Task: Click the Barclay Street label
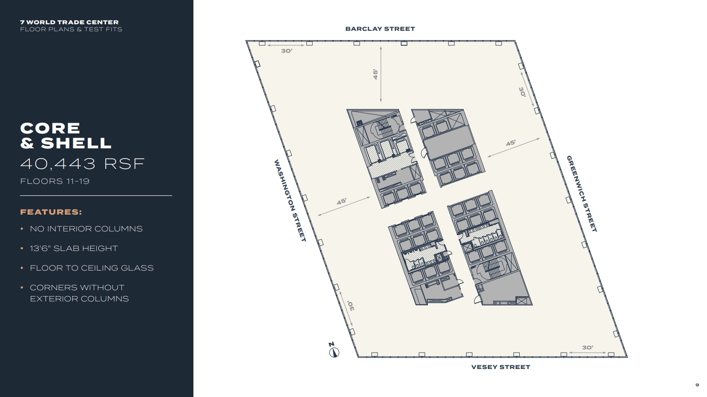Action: click(380, 29)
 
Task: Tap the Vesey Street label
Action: click(501, 367)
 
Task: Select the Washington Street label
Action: click(290, 201)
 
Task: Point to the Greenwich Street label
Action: click(582, 194)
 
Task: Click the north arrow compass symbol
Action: click(334, 352)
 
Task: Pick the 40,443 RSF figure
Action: click(82, 164)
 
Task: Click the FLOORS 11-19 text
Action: click(55, 181)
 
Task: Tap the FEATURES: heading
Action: click(51, 212)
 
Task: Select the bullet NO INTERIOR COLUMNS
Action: click(86, 229)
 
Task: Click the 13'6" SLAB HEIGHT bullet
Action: click(74, 248)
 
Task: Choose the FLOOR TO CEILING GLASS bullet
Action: click(91, 268)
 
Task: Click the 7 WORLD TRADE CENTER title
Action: click(69, 22)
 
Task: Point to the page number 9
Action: click(697, 385)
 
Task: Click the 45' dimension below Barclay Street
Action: click(375, 74)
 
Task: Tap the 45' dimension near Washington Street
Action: click(342, 202)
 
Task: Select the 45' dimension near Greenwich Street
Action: click(511, 143)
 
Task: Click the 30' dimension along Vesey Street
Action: click(587, 348)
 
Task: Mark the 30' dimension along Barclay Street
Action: click(287, 50)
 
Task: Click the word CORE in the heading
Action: click(50, 128)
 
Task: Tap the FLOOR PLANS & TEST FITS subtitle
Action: click(71, 29)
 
